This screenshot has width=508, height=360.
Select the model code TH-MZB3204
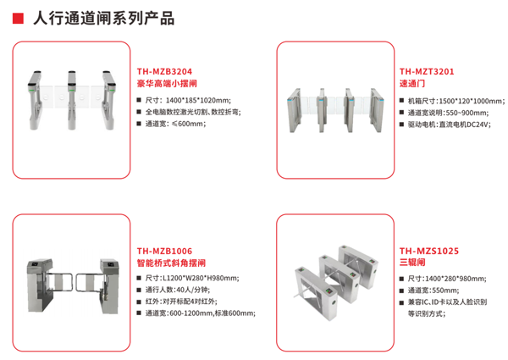[x=164, y=72]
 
